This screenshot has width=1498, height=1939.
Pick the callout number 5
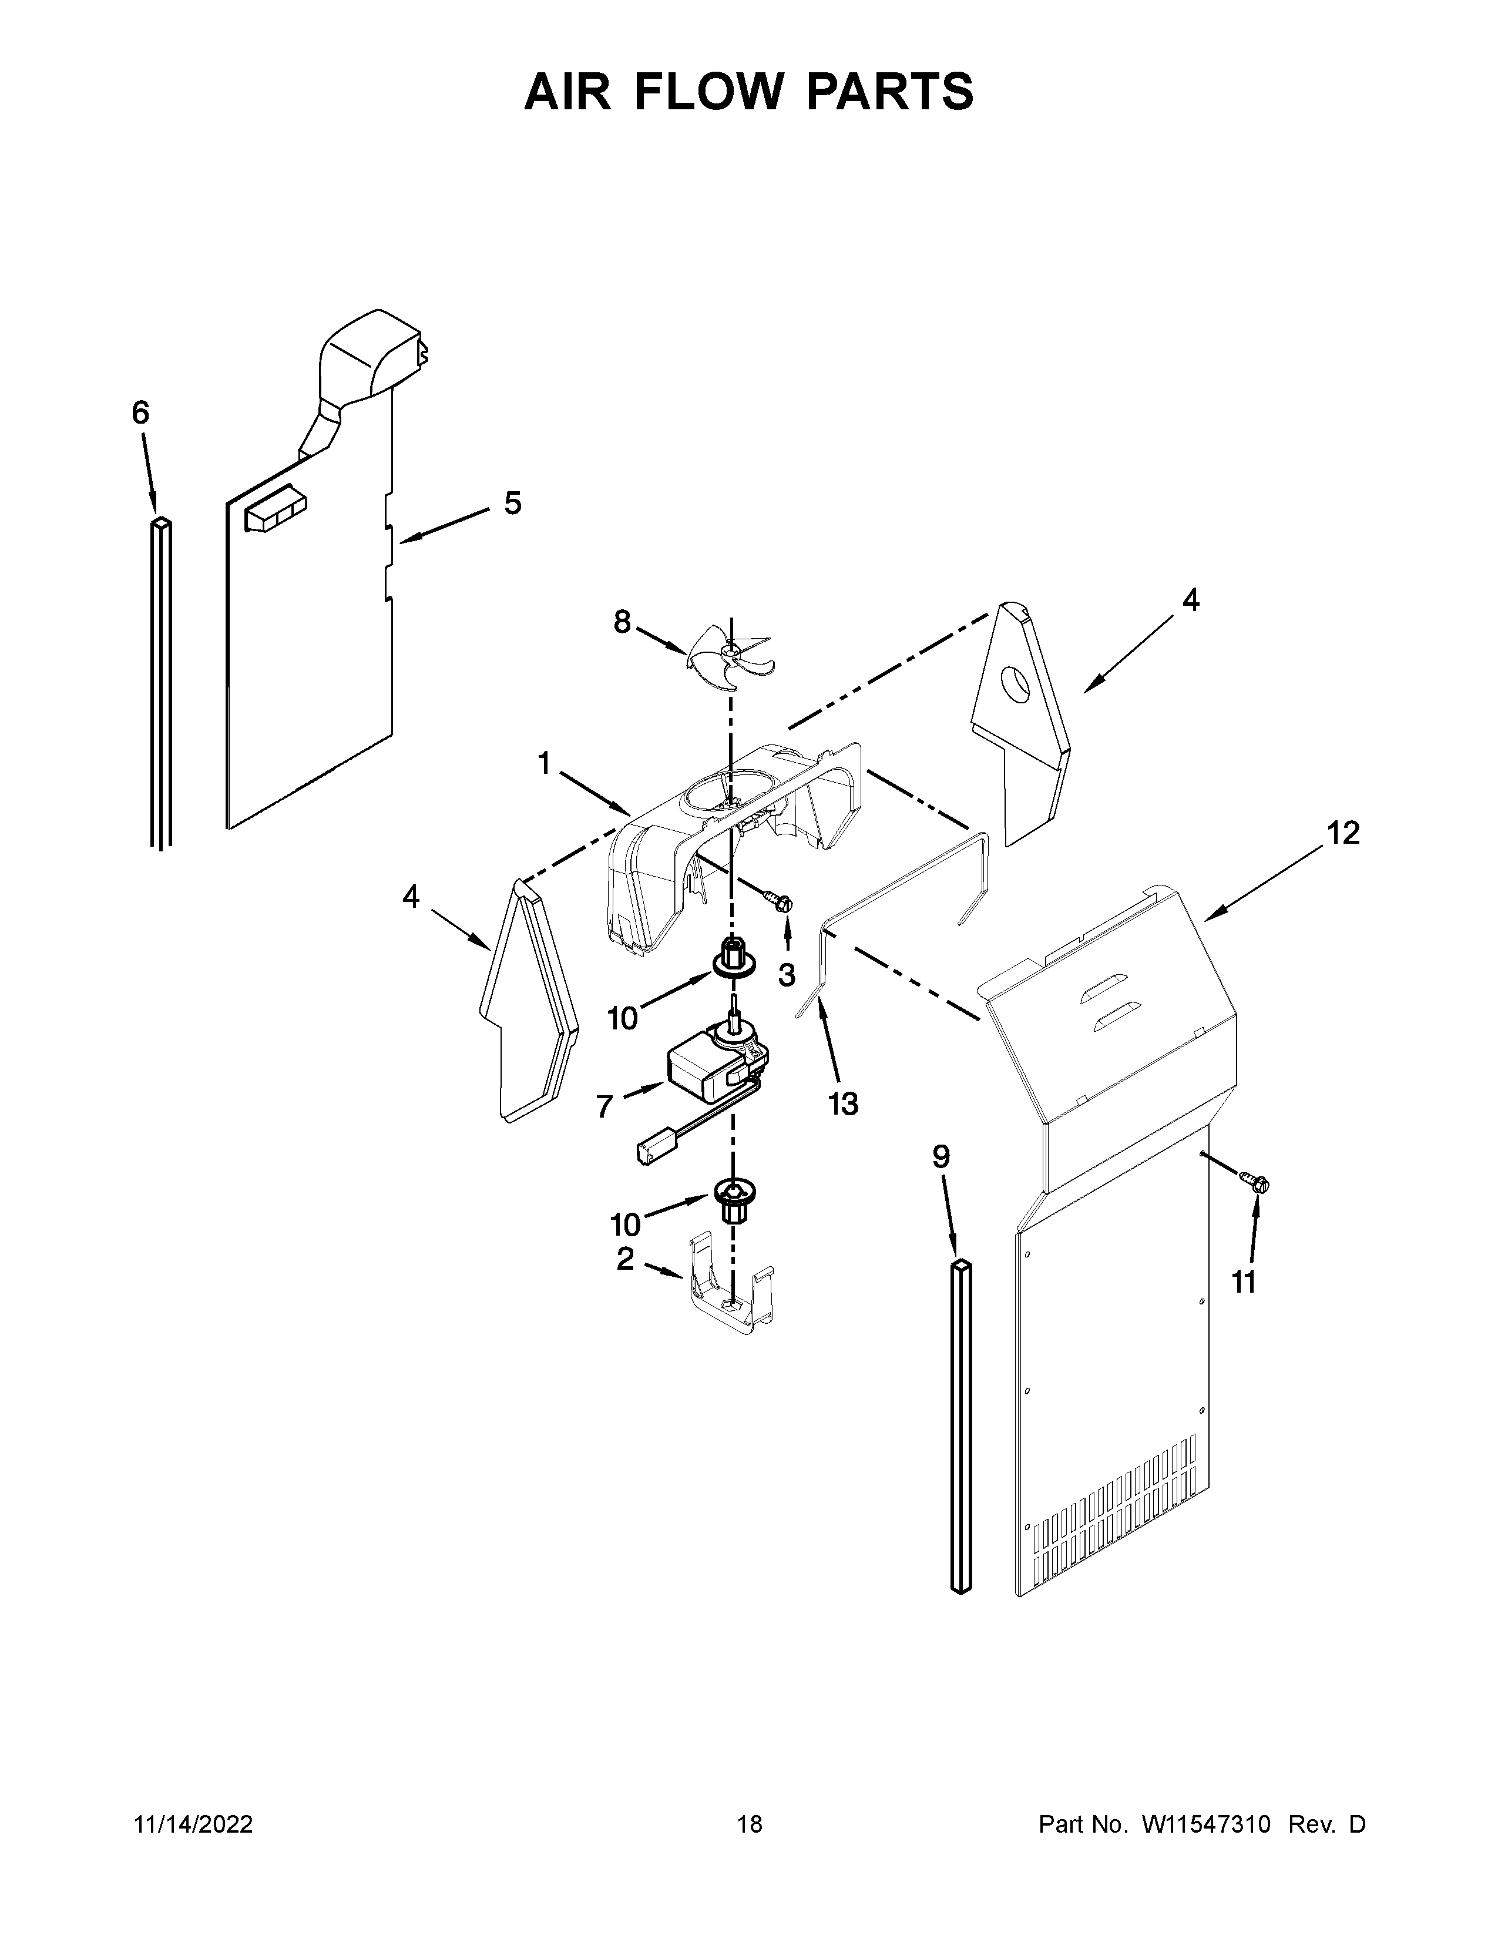[513, 504]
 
